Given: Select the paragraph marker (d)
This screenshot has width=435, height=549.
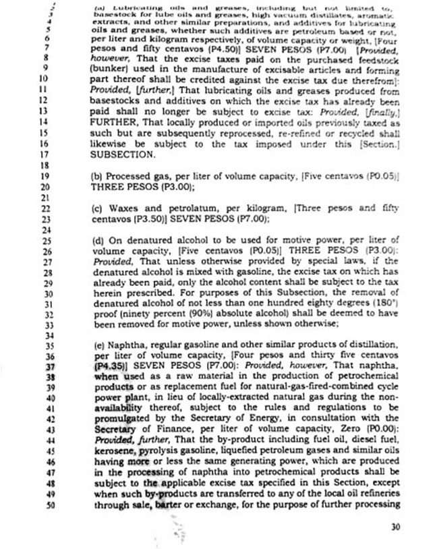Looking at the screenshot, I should click(97, 240).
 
